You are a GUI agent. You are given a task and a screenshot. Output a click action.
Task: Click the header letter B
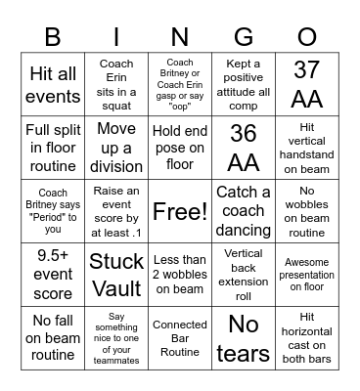coord(53,36)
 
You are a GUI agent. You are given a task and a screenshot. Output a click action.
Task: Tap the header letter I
coord(116,36)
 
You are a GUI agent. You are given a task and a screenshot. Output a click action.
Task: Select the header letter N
coord(180,36)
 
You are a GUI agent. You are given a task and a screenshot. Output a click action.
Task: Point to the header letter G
coord(244,36)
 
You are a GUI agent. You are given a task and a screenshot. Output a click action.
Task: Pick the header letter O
coord(307,36)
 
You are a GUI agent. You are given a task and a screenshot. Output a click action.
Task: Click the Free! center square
coord(180,211)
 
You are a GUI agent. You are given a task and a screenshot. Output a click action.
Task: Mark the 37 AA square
coord(307,84)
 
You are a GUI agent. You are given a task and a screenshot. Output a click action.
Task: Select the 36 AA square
coord(244,148)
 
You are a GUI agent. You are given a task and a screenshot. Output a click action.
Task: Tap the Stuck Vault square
coord(116,274)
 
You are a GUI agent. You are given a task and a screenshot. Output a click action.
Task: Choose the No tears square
coord(244,337)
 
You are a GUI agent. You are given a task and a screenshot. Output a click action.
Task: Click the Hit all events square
coord(53,84)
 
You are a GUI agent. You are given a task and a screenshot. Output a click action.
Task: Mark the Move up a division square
coord(116,148)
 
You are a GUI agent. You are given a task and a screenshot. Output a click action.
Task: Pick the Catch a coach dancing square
coord(244,211)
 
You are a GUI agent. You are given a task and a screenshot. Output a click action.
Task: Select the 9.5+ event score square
coord(53,274)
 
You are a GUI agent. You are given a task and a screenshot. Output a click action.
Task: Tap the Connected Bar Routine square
coord(180,337)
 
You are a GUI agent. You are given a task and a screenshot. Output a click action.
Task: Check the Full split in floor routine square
coord(53,148)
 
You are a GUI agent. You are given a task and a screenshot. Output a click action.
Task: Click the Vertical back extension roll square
coord(244,274)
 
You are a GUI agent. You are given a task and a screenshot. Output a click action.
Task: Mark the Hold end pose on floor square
coord(180,148)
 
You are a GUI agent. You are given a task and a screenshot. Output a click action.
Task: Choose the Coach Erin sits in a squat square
coord(116,84)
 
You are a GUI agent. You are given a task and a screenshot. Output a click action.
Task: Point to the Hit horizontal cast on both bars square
coord(307,337)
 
